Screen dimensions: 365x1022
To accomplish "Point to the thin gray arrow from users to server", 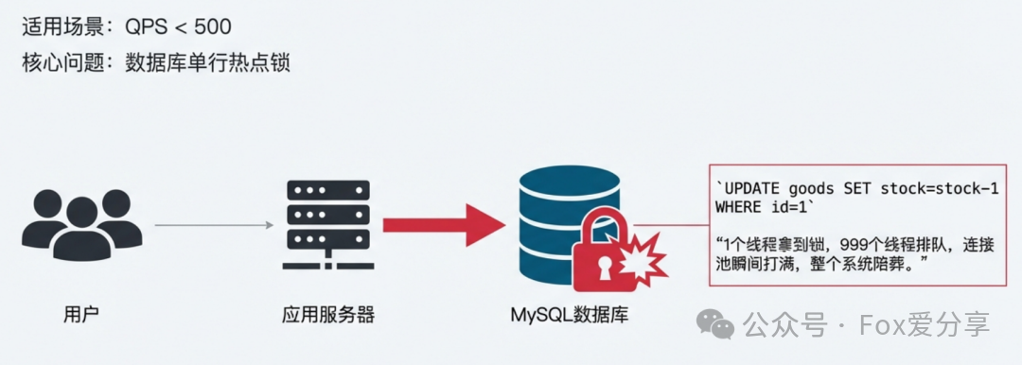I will (x=212, y=225).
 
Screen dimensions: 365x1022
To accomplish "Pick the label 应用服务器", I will (x=328, y=314).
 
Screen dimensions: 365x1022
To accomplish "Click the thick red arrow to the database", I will (x=445, y=225).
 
